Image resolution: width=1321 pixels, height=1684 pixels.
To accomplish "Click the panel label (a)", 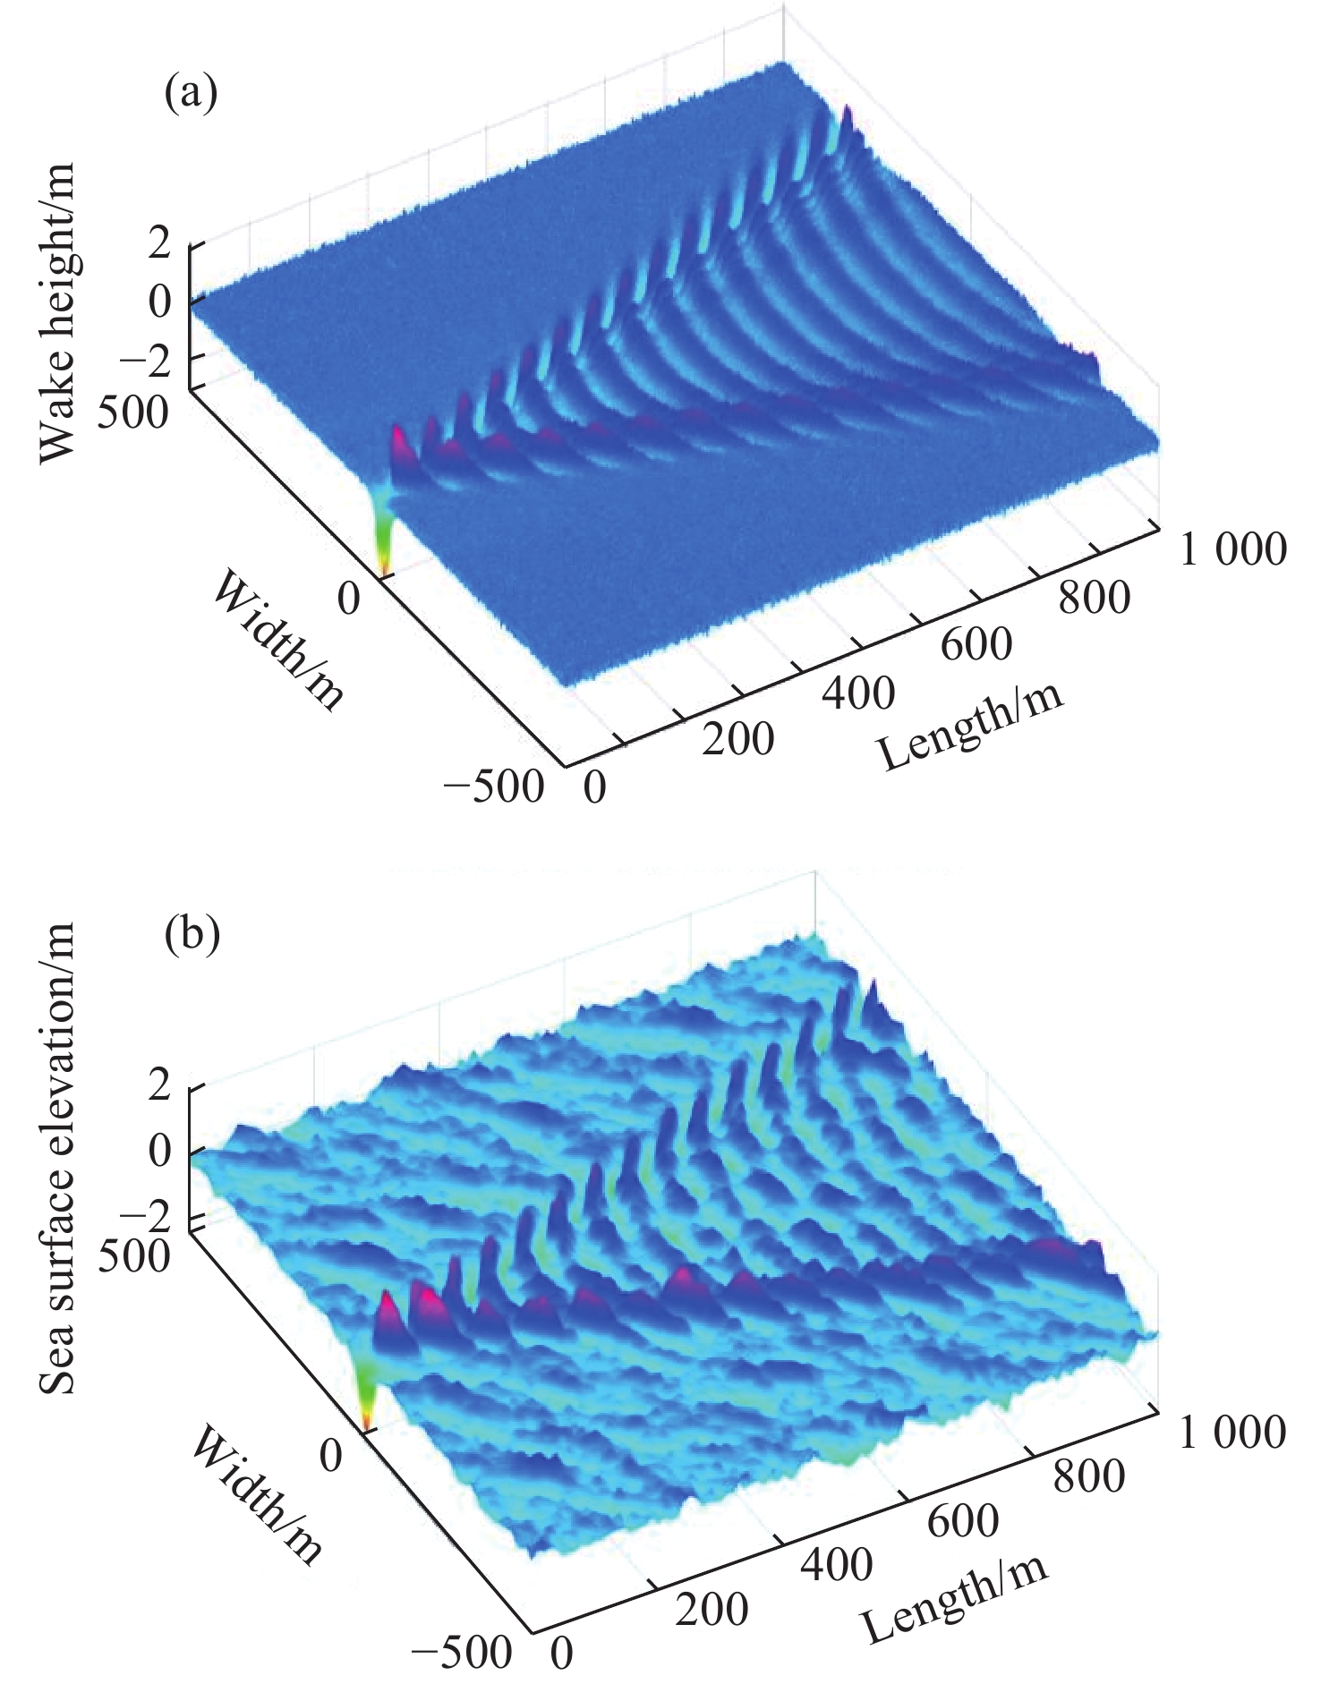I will click(x=190, y=93).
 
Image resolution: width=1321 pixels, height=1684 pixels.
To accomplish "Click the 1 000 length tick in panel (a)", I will click(x=1232, y=549).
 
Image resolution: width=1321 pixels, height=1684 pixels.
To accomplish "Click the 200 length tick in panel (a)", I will click(x=737, y=741).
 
